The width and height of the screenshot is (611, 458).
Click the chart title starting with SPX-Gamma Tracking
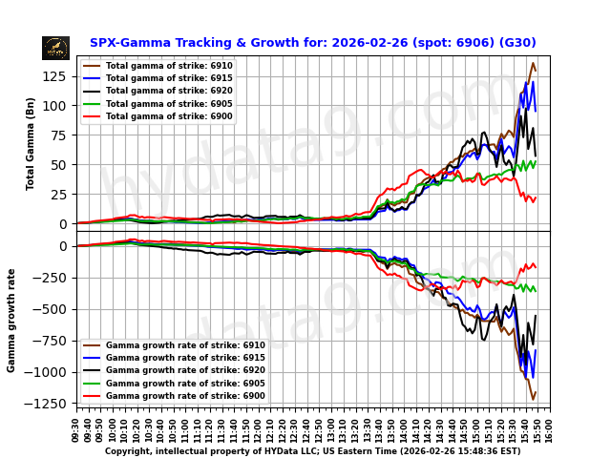[312, 43]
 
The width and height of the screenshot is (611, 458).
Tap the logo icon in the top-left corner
[55, 48]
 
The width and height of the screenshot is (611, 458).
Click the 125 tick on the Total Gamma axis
[56, 75]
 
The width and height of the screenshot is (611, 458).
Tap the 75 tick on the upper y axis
[59, 135]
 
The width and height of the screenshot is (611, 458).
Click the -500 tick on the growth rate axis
[54, 309]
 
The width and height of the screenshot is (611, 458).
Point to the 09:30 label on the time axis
[76, 428]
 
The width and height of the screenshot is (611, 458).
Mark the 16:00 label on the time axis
[550, 428]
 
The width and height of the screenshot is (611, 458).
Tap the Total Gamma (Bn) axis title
[31, 143]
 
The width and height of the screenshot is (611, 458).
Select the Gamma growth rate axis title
[12, 320]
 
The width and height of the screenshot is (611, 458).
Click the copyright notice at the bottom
[312, 451]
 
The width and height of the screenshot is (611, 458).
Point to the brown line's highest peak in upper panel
[533, 63]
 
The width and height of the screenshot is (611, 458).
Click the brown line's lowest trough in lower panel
[533, 399]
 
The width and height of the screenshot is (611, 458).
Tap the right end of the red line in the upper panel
[536, 198]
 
